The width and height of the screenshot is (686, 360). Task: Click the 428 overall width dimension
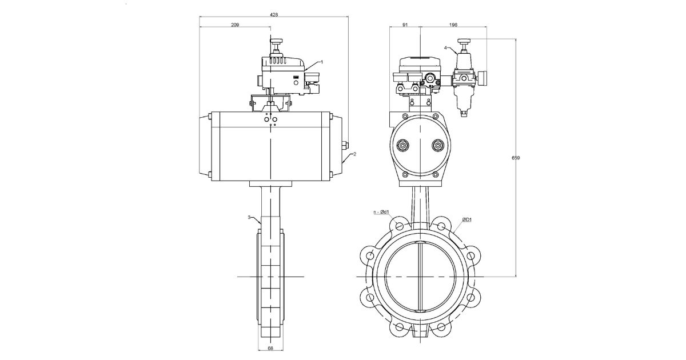click(274, 15)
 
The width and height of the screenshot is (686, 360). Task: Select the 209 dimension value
click(234, 25)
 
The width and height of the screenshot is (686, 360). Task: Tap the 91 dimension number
click(404, 25)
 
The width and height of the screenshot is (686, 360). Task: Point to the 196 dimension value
click(453, 25)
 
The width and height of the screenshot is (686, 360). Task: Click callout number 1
click(322, 61)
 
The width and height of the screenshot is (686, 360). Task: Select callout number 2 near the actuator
click(354, 154)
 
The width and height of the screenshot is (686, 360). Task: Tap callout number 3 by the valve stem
click(249, 217)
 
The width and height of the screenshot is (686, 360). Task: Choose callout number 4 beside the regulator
click(445, 48)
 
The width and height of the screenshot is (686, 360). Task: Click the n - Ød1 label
click(380, 212)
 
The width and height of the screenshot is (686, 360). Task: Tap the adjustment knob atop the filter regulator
click(464, 41)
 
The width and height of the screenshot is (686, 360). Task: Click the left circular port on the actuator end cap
click(404, 146)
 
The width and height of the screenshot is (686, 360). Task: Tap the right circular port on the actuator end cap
click(438, 146)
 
